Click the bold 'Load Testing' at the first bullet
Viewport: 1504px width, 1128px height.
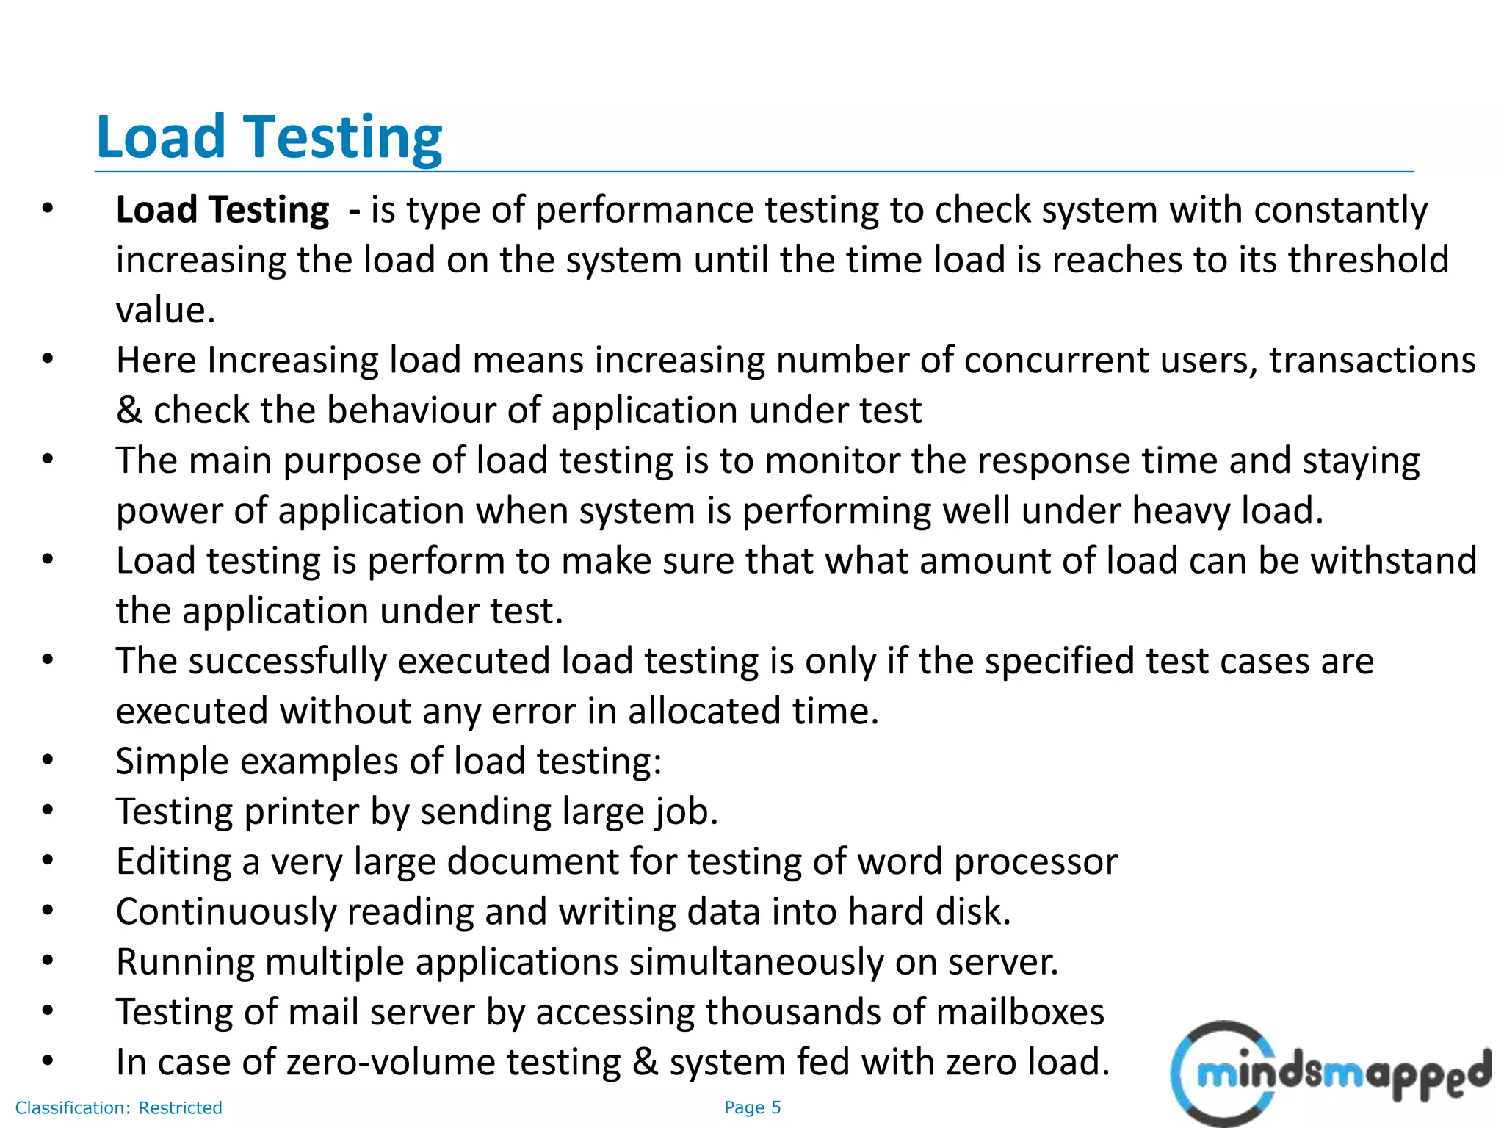(x=223, y=210)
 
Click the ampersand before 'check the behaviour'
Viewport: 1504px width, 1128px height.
(x=129, y=411)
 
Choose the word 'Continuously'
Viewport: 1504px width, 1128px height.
(x=225, y=912)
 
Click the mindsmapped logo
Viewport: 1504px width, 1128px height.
(x=1329, y=1074)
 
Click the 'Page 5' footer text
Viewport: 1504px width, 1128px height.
(x=752, y=1107)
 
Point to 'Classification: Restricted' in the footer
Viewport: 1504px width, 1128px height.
(x=118, y=1107)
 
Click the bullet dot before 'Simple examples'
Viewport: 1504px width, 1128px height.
(x=48, y=760)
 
